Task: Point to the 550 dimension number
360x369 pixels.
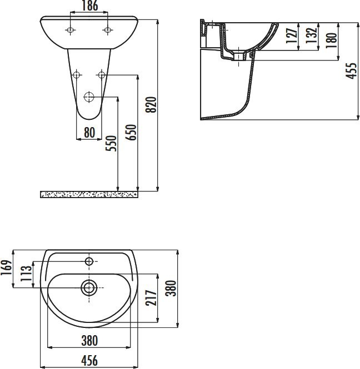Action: (112, 144)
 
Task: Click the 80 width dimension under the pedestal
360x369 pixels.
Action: (89, 133)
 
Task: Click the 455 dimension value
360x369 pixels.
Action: (351, 70)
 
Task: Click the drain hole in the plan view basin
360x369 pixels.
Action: (89, 287)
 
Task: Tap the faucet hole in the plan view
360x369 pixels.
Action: (89, 260)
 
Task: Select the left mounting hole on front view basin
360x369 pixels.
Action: (70, 30)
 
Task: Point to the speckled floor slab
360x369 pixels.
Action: (89, 194)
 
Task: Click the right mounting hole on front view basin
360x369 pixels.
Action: (107, 30)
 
